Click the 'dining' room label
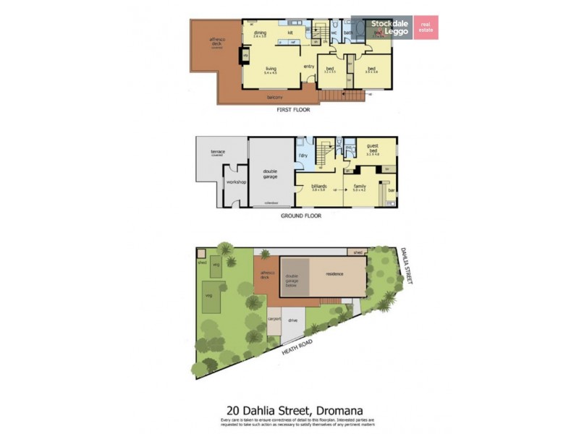(260, 33)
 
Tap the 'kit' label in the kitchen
(289, 33)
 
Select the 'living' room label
(271, 69)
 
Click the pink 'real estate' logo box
(426, 27)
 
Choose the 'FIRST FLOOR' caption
(295, 111)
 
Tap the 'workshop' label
(236, 182)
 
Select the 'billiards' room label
(319, 186)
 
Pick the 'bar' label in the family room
(392, 190)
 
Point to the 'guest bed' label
(373, 147)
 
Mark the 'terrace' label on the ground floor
(218, 151)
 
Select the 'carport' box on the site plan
(274, 318)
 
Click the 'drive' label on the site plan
(293, 319)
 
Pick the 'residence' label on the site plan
(334, 274)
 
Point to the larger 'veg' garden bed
(209, 297)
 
